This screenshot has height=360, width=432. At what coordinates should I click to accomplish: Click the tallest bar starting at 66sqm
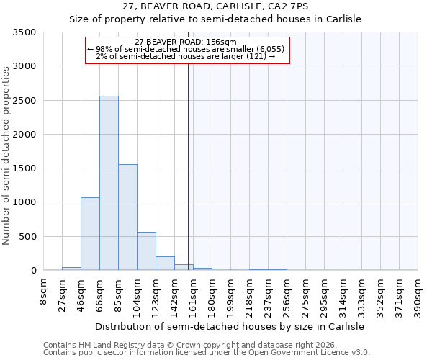109,183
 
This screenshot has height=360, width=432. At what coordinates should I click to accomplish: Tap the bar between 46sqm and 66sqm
90,233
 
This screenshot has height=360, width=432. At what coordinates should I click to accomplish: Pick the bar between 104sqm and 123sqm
146,251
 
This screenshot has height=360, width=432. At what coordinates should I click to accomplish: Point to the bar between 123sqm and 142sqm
165,264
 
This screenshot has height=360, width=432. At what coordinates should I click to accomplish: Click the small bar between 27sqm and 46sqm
71,269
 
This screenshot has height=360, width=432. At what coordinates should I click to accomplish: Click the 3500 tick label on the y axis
24,32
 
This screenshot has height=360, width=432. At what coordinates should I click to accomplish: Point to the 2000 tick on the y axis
24,135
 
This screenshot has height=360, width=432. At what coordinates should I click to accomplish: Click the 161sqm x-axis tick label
193,294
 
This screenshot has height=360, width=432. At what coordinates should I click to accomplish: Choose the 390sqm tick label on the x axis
418,294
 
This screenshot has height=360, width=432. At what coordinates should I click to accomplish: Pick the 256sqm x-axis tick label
287,294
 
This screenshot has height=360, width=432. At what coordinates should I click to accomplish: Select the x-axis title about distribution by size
230,326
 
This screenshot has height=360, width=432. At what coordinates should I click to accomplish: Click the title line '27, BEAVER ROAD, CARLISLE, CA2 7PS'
215,6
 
